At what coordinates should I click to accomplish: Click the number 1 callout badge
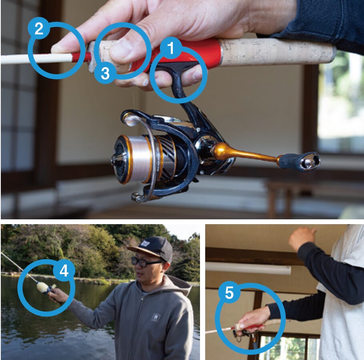[x=171, y=48]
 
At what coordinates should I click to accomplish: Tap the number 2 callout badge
[x=39, y=28]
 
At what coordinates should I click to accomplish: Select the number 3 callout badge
[x=105, y=73]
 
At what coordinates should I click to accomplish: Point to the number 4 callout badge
[x=64, y=270]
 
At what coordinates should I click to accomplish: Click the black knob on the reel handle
[x=299, y=162]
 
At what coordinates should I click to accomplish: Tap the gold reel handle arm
[x=246, y=153]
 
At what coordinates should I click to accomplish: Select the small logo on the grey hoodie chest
[x=156, y=317]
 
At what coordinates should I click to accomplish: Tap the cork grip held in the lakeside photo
[x=42, y=287]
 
